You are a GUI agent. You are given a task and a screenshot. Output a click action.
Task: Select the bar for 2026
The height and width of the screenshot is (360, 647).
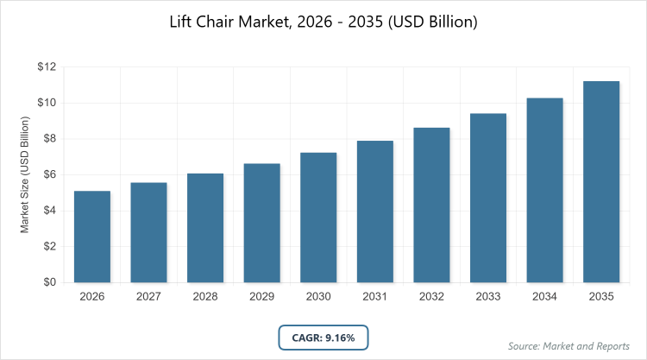91,237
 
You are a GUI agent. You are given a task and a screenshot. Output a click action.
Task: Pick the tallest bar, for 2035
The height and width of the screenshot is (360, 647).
601,181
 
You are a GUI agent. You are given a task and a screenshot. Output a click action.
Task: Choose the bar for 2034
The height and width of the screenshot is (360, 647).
544,190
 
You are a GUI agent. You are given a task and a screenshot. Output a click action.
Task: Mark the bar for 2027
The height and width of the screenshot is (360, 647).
148,232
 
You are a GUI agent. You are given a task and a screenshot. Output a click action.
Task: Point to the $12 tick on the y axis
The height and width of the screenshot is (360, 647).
46,67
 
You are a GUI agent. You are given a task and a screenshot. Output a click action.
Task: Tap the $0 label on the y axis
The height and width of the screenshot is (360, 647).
48,282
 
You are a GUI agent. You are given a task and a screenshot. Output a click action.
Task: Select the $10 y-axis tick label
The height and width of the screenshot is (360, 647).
46,104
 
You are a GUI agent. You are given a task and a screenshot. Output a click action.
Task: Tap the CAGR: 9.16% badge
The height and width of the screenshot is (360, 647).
323,337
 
